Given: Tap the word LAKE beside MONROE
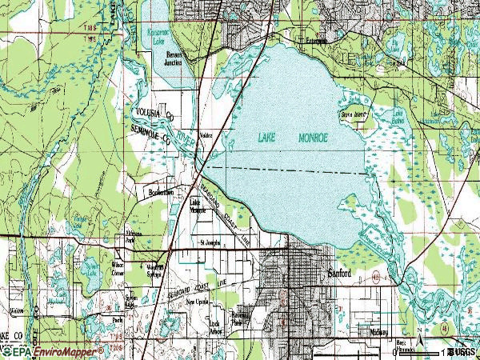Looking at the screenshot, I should coord(269,137).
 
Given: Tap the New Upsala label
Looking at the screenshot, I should coord(198,304).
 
